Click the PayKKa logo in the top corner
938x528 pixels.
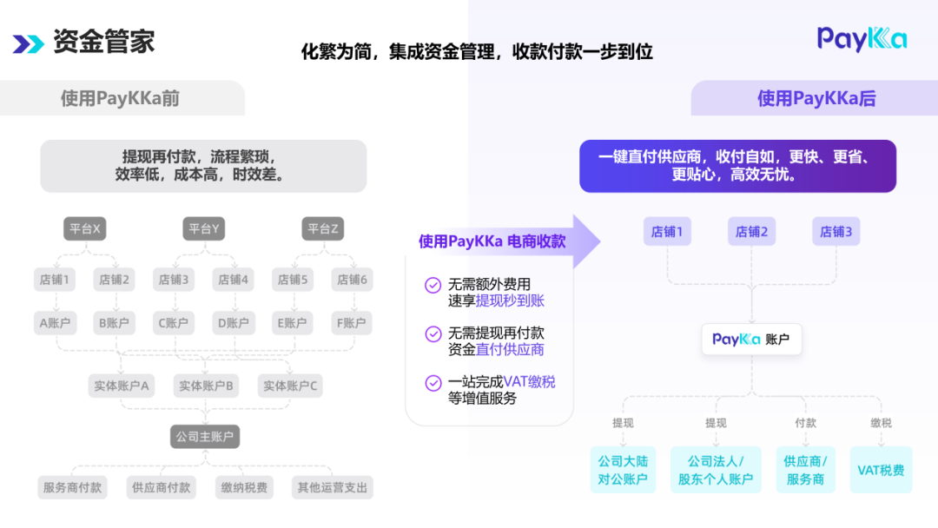point(862,39)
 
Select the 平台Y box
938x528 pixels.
point(204,229)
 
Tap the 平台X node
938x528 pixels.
point(85,229)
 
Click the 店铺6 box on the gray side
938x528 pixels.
point(352,280)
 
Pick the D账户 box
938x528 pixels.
point(233,323)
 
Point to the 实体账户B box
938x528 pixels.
point(206,386)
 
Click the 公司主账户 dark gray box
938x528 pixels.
point(205,437)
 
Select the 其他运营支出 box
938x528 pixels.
point(333,488)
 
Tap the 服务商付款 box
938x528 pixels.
point(73,488)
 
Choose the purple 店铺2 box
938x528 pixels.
point(752,232)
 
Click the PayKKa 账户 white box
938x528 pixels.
point(751,340)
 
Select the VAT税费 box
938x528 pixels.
point(881,470)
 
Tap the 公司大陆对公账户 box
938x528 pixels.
point(623,470)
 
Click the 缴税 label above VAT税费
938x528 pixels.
point(881,423)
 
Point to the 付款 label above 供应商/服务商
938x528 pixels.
point(805,423)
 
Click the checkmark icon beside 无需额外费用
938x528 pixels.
point(432,285)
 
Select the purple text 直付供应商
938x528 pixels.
point(510,349)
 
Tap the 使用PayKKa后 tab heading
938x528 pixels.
point(816,98)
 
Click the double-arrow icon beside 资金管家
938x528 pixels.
point(28,43)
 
